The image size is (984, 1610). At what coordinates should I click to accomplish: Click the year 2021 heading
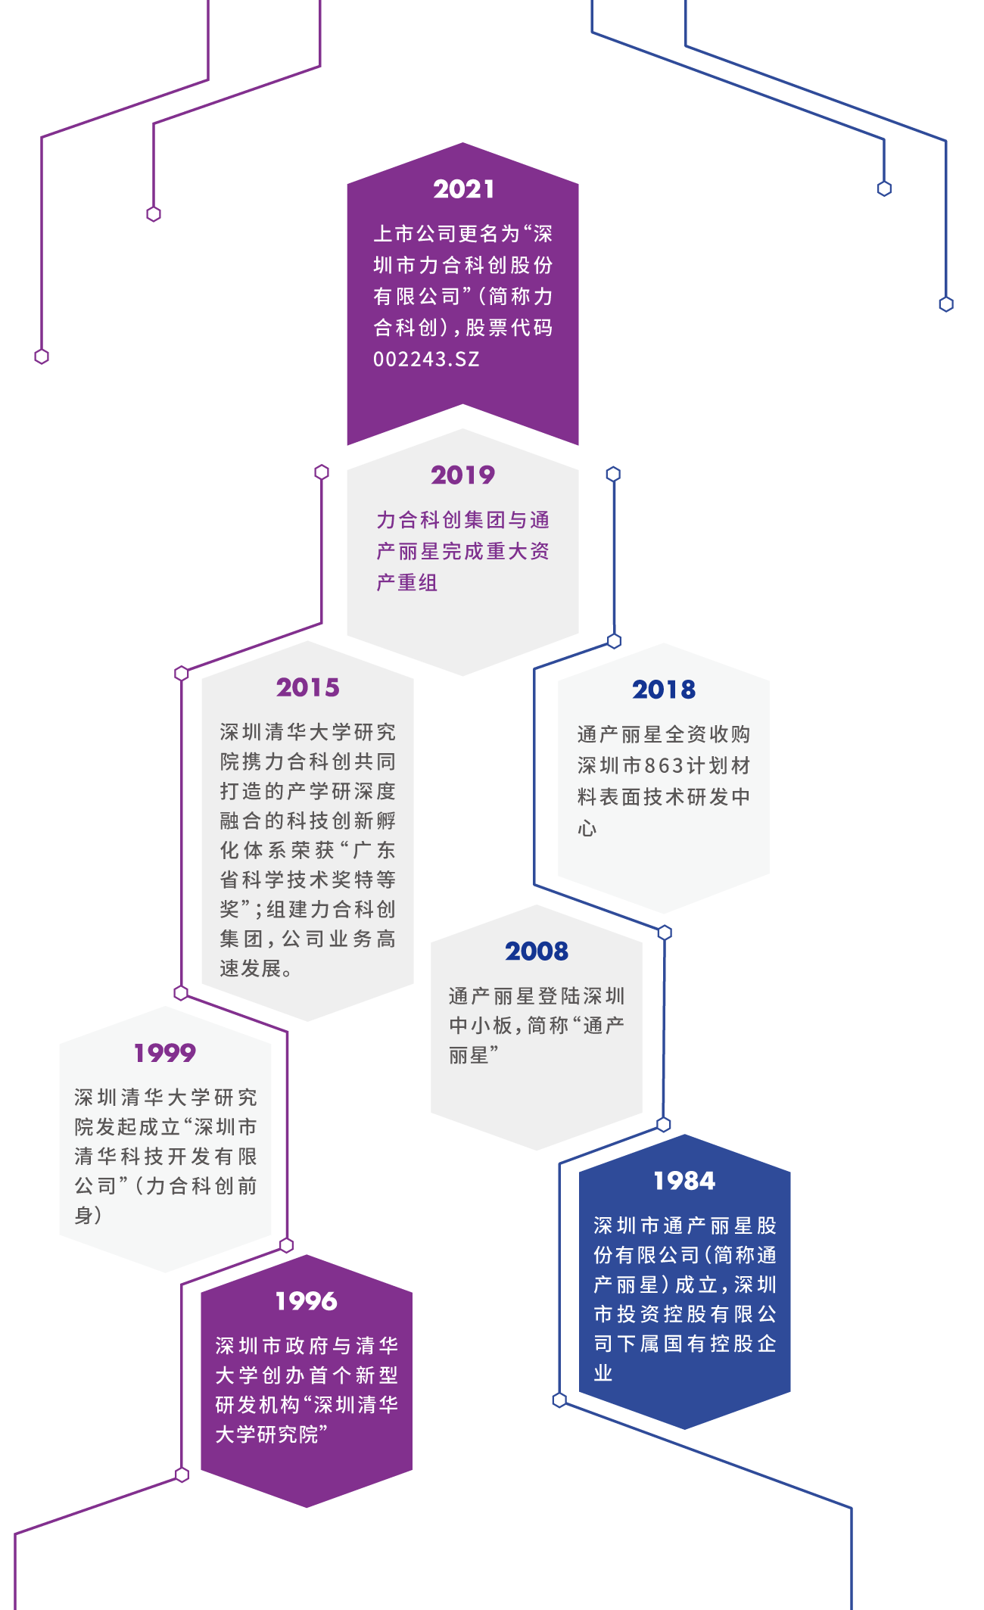(x=463, y=189)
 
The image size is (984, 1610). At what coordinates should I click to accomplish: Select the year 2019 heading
(x=462, y=475)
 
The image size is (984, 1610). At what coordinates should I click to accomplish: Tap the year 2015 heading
(x=307, y=687)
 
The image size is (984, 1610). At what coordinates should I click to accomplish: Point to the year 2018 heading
(x=664, y=690)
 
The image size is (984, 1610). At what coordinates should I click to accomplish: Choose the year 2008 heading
(x=537, y=951)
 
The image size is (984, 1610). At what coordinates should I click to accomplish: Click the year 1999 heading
(x=165, y=1053)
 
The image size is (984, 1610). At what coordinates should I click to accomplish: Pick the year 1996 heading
(x=306, y=1301)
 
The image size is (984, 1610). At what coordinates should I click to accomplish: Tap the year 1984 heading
(x=684, y=1181)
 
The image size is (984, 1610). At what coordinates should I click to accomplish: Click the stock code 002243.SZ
(x=426, y=359)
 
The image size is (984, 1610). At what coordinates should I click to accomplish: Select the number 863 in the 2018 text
(x=664, y=766)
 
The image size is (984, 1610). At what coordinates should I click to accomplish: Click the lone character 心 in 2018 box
(x=587, y=828)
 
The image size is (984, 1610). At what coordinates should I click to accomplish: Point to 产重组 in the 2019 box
(x=407, y=583)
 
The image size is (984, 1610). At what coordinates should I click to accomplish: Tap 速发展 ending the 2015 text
(x=251, y=969)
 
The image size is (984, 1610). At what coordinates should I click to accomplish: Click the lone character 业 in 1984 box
(x=603, y=1373)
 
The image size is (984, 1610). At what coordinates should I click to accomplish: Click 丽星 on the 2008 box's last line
(x=469, y=1055)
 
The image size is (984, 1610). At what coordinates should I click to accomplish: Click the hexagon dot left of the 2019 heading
(x=322, y=472)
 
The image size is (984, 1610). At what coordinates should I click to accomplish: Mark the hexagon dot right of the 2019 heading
(x=613, y=474)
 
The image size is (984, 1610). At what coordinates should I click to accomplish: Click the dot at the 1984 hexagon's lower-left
(x=559, y=1400)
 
